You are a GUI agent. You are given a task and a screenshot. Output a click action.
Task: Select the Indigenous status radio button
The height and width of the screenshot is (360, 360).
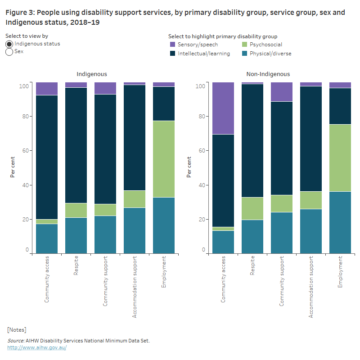coord(9,44)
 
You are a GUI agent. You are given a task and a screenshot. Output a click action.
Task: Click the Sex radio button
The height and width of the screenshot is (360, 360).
coord(9,52)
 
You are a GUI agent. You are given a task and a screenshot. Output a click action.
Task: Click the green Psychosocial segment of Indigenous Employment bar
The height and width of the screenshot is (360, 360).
coord(164,159)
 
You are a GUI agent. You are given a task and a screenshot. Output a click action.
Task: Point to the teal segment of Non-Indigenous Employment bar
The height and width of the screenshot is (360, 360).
coord(340,222)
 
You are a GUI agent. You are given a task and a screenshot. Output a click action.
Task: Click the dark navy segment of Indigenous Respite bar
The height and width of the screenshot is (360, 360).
coord(76,145)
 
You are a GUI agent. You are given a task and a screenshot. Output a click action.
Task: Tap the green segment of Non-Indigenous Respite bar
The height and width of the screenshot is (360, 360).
coord(252,208)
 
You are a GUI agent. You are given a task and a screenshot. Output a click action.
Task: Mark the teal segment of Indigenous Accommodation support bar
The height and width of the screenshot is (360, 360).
coord(135,230)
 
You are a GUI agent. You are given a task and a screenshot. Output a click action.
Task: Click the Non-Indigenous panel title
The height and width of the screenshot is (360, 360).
coord(268,74)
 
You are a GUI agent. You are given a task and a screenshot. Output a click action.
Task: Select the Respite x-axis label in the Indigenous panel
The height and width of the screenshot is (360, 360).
coord(76,265)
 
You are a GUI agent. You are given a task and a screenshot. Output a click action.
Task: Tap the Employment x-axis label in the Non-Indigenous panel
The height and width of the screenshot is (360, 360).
coord(340,272)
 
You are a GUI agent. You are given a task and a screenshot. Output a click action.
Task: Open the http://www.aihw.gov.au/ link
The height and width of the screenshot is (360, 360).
coord(37,347)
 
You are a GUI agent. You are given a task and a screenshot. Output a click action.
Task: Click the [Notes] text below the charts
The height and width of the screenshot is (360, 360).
coord(17,330)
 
